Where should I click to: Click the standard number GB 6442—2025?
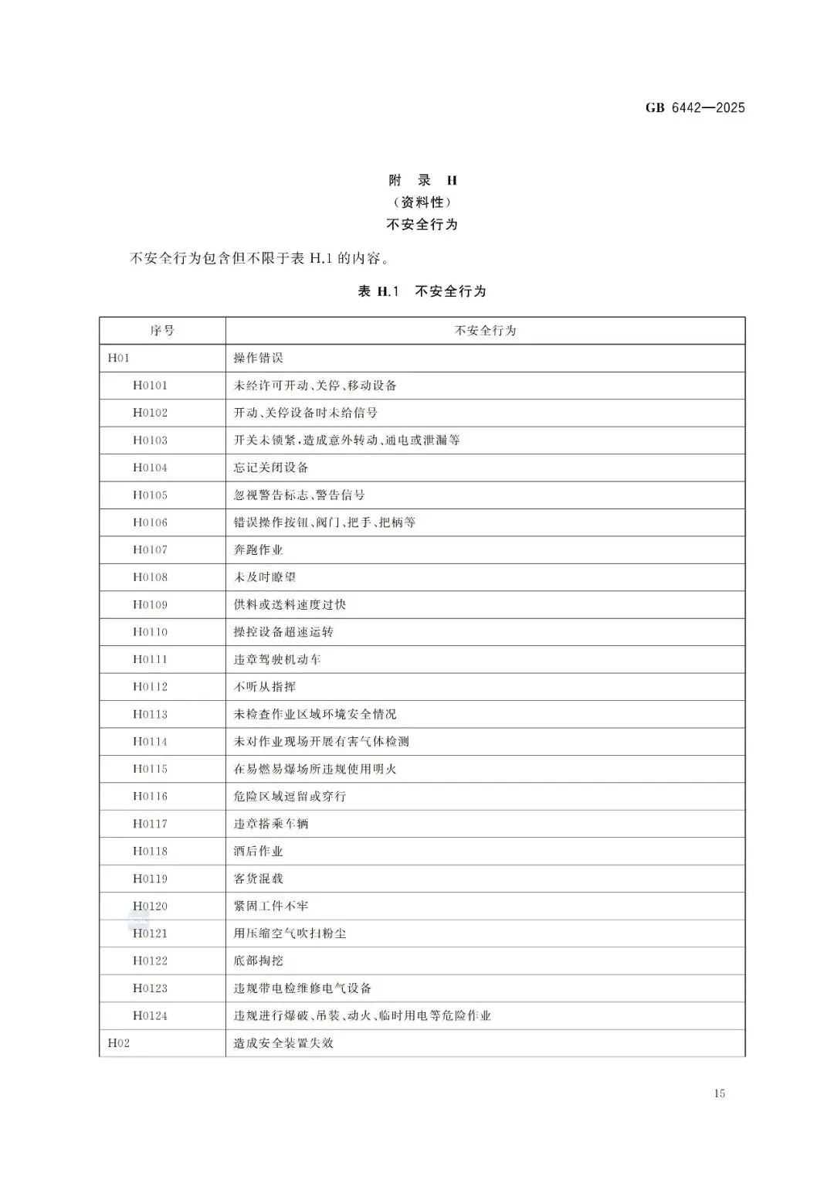click(695, 108)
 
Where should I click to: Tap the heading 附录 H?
click(422, 181)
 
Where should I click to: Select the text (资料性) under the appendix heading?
click(422, 202)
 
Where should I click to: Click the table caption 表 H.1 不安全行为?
click(422, 291)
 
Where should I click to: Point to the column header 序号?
click(162, 331)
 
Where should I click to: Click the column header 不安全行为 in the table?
click(485, 331)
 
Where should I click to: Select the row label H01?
click(119, 358)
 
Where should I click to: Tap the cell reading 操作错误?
click(259, 358)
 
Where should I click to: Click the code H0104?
click(150, 468)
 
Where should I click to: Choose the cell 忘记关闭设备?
click(271, 468)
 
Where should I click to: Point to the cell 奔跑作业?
click(259, 549)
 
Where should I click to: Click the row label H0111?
click(150, 659)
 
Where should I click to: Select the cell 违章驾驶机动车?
click(277, 659)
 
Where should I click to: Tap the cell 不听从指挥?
click(265, 686)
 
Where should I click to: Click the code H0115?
click(150, 769)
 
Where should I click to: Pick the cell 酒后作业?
click(259, 851)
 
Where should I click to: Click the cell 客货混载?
click(259, 879)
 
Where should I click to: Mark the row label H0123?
click(150, 988)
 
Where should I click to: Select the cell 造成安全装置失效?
click(283, 1043)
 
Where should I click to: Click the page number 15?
click(720, 1093)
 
